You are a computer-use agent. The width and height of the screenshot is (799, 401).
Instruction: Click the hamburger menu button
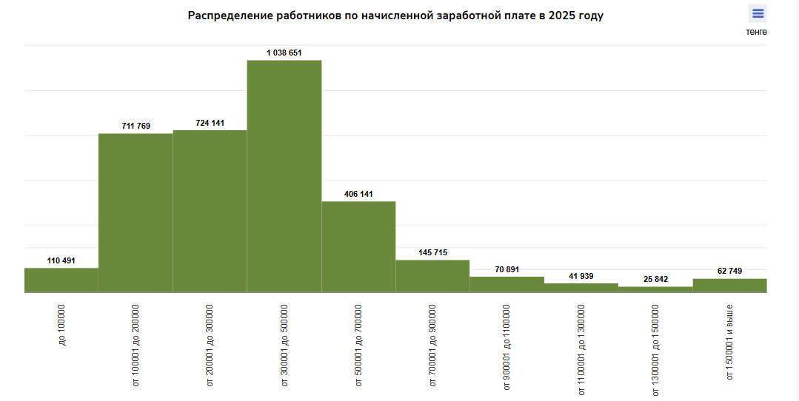758,13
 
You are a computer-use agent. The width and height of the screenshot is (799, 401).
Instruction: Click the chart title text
395,16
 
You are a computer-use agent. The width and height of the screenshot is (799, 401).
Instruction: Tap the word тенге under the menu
756,32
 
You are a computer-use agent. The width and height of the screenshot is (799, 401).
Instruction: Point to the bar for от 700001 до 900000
432,276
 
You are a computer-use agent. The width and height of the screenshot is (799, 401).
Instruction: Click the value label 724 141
210,123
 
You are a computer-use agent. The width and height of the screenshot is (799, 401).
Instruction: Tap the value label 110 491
61,260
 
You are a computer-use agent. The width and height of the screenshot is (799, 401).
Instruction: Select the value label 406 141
358,194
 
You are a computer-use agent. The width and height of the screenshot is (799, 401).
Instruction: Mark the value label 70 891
507,269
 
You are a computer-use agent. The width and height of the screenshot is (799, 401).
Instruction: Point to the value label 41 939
581,276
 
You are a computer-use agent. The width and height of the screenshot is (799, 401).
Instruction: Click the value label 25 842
655,279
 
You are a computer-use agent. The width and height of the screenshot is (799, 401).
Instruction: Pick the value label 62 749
729,271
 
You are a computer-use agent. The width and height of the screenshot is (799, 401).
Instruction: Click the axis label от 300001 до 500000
284,345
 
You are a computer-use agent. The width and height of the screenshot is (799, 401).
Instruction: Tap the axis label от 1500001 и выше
729,341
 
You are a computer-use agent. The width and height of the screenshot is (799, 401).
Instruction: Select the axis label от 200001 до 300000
210,345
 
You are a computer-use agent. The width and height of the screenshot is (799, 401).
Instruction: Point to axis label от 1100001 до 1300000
581,349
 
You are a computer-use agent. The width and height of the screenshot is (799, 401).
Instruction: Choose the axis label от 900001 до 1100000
507,348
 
